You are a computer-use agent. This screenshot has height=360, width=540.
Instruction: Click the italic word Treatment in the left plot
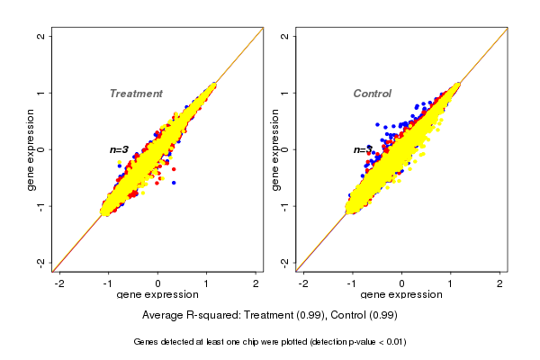[136, 94]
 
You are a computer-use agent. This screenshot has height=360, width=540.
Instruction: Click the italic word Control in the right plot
[372, 94]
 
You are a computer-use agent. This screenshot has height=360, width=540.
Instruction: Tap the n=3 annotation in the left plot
[120, 149]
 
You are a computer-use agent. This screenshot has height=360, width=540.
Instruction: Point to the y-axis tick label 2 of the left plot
[42, 36]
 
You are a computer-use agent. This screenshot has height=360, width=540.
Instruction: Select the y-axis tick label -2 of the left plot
[42, 262]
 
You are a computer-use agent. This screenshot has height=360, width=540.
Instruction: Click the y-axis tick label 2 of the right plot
[285, 36]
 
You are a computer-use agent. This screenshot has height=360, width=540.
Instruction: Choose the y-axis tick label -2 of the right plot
[285, 262]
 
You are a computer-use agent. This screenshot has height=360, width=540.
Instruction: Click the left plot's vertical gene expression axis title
[31, 149]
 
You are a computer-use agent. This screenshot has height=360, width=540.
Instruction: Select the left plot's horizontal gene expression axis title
[158, 295]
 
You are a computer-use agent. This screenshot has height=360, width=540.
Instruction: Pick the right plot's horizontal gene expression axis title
[401, 295]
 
